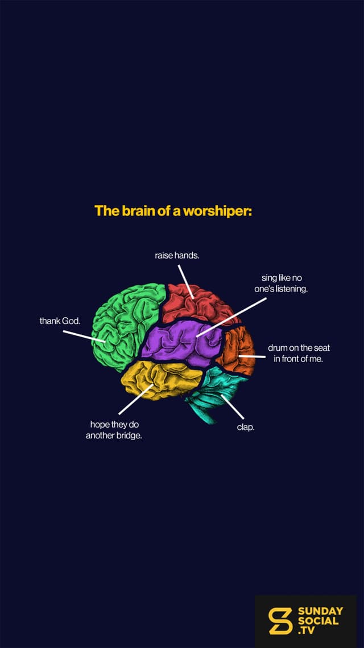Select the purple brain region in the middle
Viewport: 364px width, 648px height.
click(x=181, y=343)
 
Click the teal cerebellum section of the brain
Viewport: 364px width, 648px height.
click(x=214, y=392)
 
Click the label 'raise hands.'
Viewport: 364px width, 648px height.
click(x=177, y=256)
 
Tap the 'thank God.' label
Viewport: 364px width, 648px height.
click(x=60, y=321)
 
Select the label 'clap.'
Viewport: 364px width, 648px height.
click(x=246, y=427)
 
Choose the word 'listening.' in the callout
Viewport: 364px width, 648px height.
click(x=292, y=289)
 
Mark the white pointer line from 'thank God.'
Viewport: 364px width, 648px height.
click(x=84, y=336)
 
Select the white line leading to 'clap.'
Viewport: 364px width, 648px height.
click(x=233, y=407)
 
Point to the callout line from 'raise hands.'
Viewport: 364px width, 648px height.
click(x=186, y=282)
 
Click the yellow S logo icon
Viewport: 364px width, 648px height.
click(x=280, y=621)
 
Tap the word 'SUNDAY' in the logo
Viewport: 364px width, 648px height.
click(x=320, y=611)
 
